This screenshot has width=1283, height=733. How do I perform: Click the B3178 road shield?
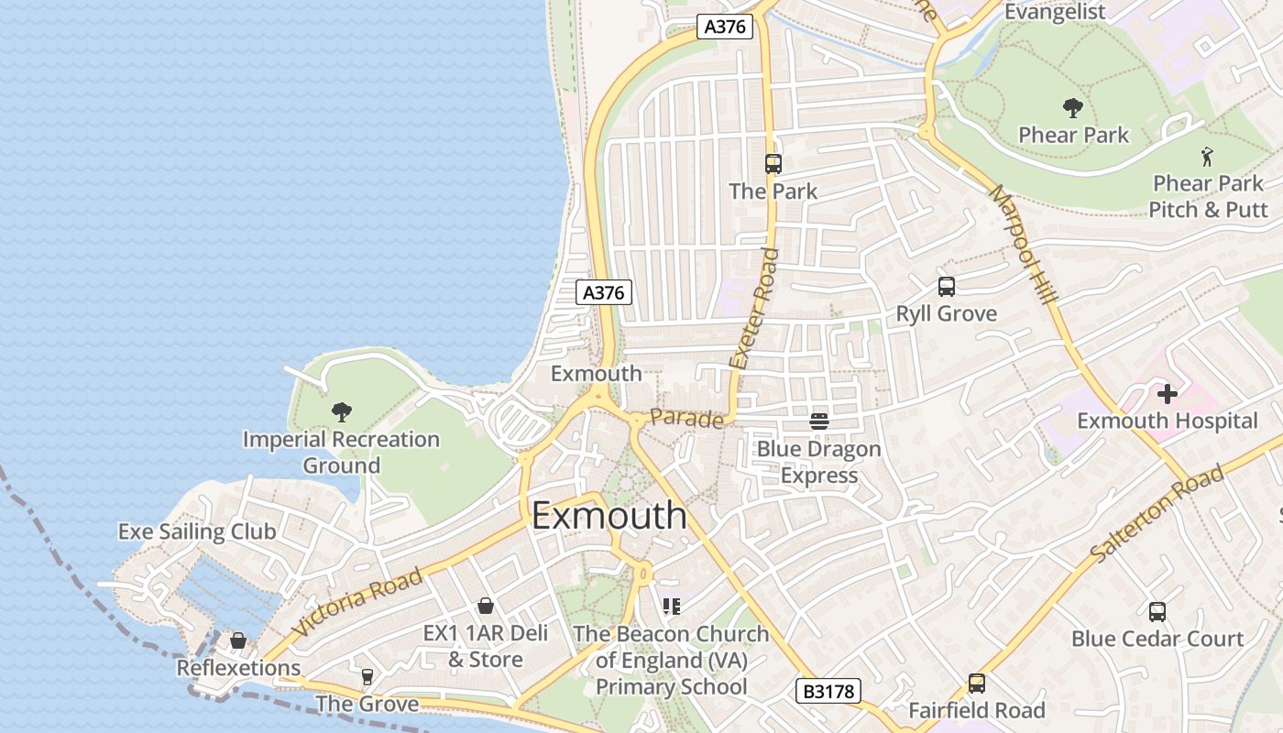click(828, 691)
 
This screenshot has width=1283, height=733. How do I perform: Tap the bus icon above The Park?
click(773, 164)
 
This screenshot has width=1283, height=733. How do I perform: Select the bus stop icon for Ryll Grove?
click(947, 287)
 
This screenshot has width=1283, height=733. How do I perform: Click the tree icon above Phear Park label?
click(1073, 108)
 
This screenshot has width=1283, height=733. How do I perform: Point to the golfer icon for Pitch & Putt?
click(1207, 157)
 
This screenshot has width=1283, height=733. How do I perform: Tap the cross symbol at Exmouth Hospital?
click(1167, 394)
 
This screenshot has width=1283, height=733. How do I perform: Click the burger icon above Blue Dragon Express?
click(819, 421)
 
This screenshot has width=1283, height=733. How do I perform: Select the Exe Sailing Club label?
click(197, 531)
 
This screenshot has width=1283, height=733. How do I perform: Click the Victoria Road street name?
click(358, 602)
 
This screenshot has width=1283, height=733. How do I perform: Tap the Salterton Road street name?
click(1157, 514)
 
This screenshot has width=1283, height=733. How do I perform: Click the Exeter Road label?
click(753, 308)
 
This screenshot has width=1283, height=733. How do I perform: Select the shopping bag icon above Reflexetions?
click(238, 640)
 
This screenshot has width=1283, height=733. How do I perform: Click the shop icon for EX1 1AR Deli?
click(486, 606)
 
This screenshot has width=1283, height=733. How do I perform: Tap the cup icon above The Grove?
click(367, 676)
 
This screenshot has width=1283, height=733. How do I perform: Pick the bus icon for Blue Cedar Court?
click(1157, 611)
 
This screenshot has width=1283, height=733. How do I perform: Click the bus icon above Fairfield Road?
click(977, 683)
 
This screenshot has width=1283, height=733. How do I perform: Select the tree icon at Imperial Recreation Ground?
click(342, 411)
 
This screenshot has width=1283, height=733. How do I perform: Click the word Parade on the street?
click(686, 418)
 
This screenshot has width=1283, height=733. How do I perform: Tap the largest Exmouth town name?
click(609, 515)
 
